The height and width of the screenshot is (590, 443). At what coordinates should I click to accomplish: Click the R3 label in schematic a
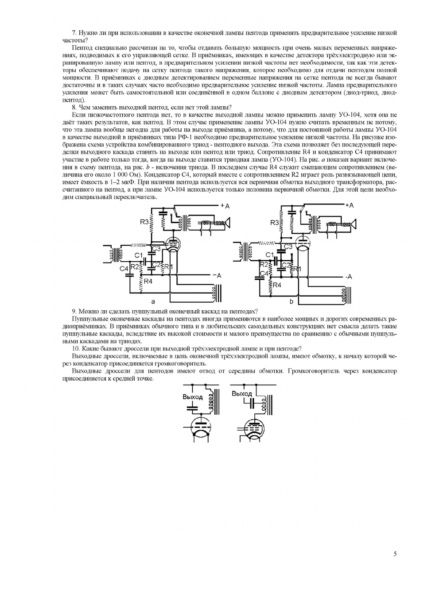pos(144,222)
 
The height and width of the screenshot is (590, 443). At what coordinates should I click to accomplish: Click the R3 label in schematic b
pos(275,223)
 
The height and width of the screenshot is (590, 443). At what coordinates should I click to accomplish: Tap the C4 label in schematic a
pos(124,268)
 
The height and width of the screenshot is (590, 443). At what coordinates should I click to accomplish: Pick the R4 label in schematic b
pos(277,285)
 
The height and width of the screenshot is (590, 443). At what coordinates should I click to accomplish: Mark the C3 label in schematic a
pos(155,249)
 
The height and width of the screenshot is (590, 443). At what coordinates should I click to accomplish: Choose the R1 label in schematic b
pos(297,269)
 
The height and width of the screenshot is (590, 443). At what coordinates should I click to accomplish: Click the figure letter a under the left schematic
pos(153,301)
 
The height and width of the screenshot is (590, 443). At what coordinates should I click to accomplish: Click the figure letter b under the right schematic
pos(291,301)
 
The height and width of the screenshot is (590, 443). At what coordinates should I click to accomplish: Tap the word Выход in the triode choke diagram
pos(192,397)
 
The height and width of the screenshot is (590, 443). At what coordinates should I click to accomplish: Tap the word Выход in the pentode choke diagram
pos(241,393)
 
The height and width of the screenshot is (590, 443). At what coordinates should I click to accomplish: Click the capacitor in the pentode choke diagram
pos(252,403)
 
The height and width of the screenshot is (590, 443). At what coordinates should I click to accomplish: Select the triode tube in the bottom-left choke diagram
pos(202,428)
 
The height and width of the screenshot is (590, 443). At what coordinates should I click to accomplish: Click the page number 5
pos(395,554)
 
